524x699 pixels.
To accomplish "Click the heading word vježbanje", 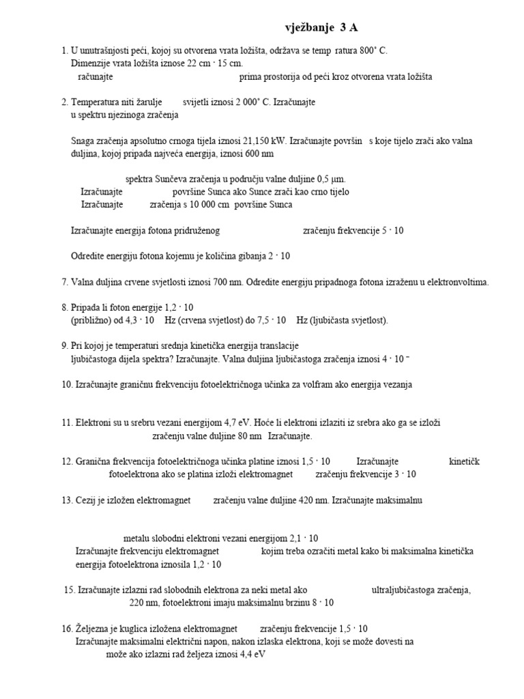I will tap(309, 27).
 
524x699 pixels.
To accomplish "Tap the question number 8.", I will tap(64, 307).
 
